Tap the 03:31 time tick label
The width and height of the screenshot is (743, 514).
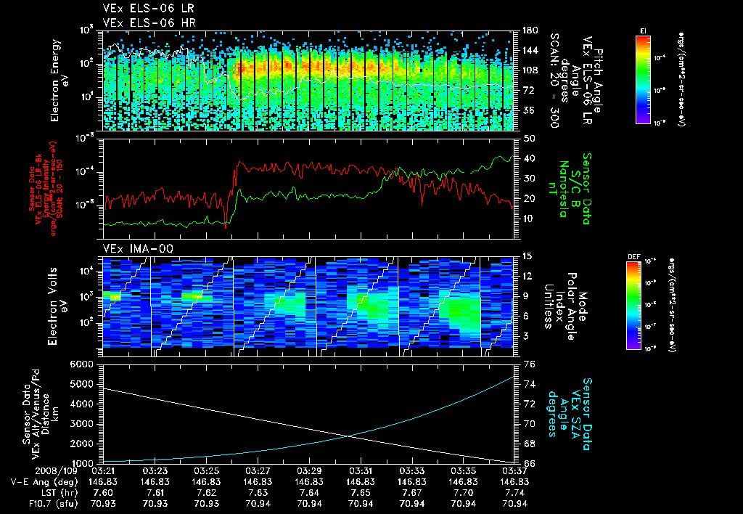click(x=361, y=470)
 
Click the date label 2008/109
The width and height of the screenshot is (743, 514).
click(x=28, y=470)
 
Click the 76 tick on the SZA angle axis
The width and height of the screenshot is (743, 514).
click(x=529, y=364)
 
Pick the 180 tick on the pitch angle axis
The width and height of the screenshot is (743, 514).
click(x=528, y=30)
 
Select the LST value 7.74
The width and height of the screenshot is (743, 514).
click(x=514, y=491)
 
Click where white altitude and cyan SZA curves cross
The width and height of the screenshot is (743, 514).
click(x=350, y=436)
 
